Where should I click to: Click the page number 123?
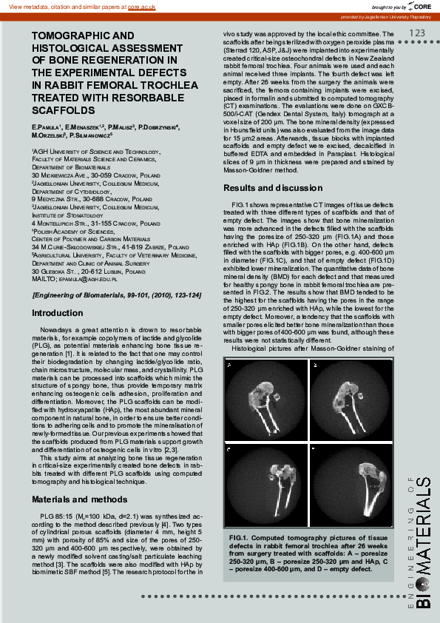coord(416,33)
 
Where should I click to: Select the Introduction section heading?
coord(58,313)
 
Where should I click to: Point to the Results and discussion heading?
coord(273,189)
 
